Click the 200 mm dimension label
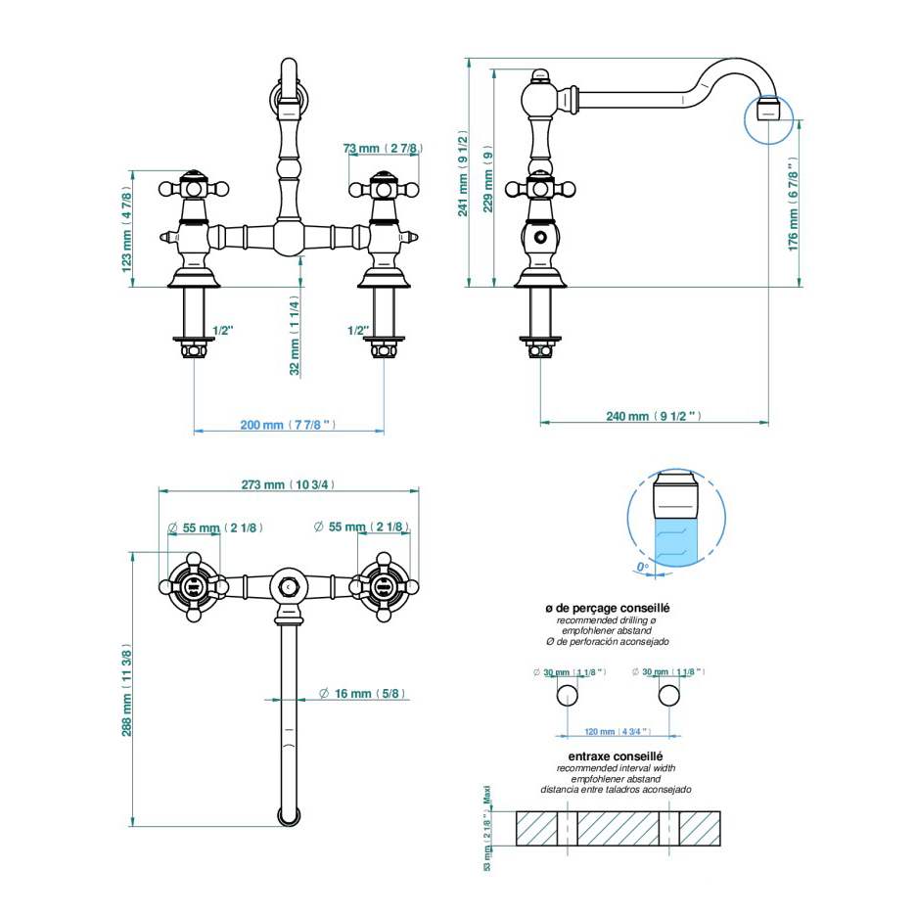coord(288,425)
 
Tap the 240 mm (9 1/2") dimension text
coord(652,416)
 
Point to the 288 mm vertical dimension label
coord(127,692)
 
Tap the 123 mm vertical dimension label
coord(126,229)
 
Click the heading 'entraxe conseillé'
coord(617,756)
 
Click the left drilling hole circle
coord(567,696)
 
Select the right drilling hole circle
coord(669,696)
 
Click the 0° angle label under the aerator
coord(642,566)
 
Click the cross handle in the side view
coord(538,189)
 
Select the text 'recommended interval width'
coord(617,769)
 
